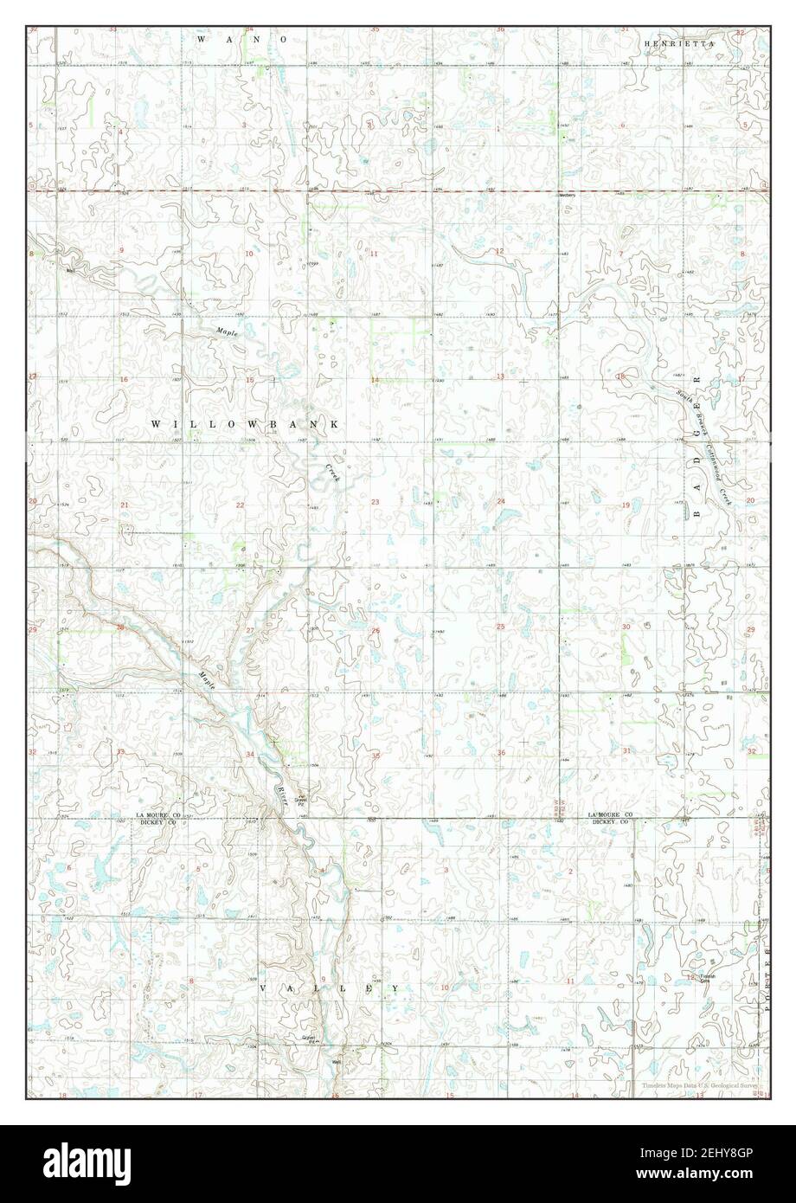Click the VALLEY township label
click(x=330, y=987)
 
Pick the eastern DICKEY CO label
click(x=610, y=822)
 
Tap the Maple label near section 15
click(x=226, y=331)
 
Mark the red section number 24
click(x=501, y=502)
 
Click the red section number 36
click(x=501, y=752)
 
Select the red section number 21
click(x=125, y=505)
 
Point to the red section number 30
click(x=625, y=626)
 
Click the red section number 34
click(x=250, y=755)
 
